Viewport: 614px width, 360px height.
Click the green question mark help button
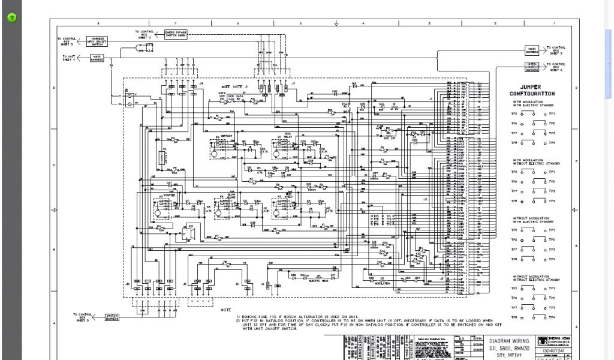11,17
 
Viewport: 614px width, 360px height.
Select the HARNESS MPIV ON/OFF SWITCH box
98,41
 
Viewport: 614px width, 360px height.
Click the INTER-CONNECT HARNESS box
532,65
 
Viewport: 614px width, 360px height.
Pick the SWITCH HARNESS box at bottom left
112,317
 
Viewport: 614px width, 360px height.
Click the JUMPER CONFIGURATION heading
532,91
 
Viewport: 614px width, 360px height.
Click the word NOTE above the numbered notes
225,310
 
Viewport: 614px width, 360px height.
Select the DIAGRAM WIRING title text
509,341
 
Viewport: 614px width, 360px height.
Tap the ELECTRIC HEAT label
317,281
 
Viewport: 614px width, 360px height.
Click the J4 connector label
201,83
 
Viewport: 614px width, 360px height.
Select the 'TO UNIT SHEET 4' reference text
68,58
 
